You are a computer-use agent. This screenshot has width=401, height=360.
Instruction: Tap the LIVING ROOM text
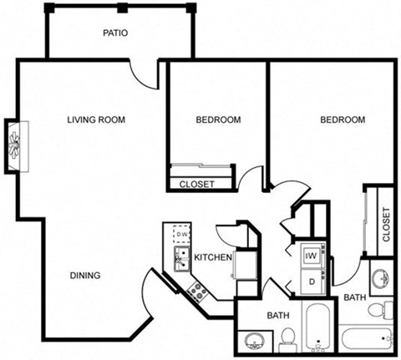click(x=96, y=120)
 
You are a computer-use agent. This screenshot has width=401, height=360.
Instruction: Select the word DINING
click(x=84, y=276)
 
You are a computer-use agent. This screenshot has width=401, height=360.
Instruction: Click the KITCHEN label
click(x=212, y=258)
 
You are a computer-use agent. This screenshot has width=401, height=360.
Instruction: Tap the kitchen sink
click(x=181, y=258)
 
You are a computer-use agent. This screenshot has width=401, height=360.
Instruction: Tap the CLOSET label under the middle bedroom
click(x=197, y=184)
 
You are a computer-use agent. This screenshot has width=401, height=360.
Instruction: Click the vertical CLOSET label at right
click(x=386, y=224)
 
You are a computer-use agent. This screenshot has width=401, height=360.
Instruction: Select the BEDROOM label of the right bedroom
click(x=343, y=120)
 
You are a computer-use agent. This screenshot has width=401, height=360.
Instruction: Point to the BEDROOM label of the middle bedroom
click(x=218, y=120)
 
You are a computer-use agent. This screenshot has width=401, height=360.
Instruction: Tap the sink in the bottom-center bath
click(x=254, y=342)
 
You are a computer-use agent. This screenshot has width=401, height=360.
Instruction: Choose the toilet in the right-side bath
click(x=380, y=311)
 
